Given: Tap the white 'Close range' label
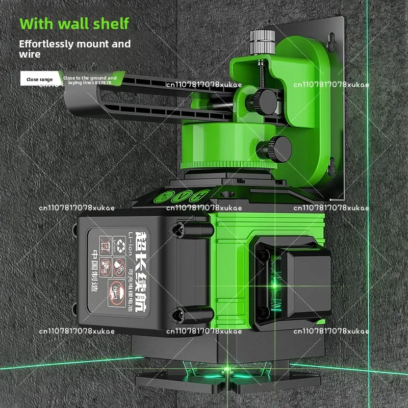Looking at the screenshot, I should (40, 79).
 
